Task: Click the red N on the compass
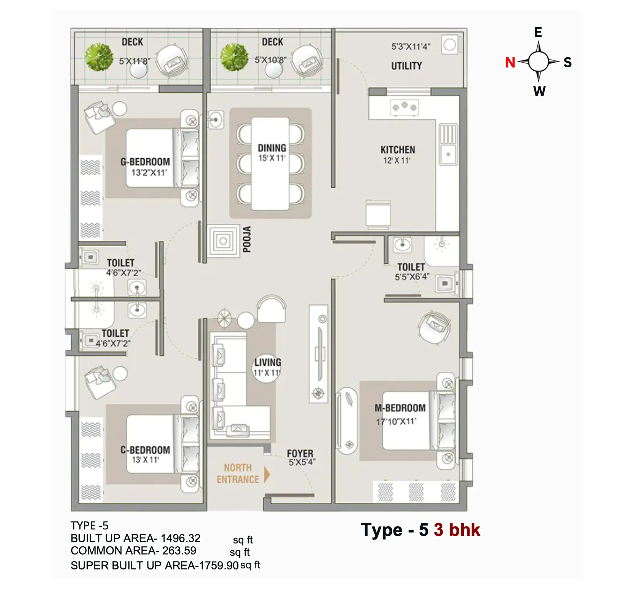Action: (510, 62)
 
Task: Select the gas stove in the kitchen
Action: (405, 107)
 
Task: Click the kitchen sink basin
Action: (448, 154)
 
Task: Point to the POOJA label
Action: (247, 239)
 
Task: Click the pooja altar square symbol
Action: (224, 241)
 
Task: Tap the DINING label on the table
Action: (272, 148)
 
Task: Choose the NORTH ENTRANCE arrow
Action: (267, 475)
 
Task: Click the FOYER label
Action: (300, 454)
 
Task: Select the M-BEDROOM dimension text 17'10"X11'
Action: (396, 421)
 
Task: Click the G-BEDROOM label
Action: (145, 162)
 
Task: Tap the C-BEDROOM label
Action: (145, 450)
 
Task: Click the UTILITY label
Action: (406, 66)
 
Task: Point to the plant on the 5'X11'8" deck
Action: (99, 57)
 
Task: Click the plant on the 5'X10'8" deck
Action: (234, 57)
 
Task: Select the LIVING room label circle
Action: (267, 368)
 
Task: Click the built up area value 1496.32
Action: (180, 538)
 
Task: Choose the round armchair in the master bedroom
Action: (434, 327)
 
